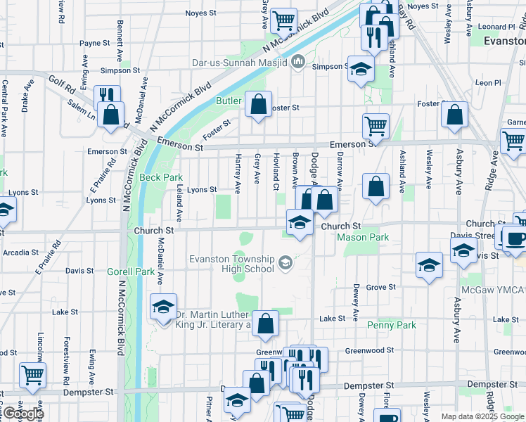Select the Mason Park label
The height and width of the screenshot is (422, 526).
click(x=363, y=238)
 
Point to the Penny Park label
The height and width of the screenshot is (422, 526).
click(x=392, y=325)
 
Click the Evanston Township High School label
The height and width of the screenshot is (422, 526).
click(x=231, y=264)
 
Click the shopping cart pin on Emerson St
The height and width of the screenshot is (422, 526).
click(x=376, y=126)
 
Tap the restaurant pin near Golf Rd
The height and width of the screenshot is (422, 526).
click(x=106, y=96)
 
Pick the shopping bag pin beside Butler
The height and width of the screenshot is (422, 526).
click(x=258, y=104)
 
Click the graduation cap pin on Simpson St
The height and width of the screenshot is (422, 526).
click(x=361, y=69)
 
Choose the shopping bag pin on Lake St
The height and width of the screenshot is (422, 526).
click(x=265, y=324)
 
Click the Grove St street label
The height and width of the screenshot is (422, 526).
click(x=380, y=287)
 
